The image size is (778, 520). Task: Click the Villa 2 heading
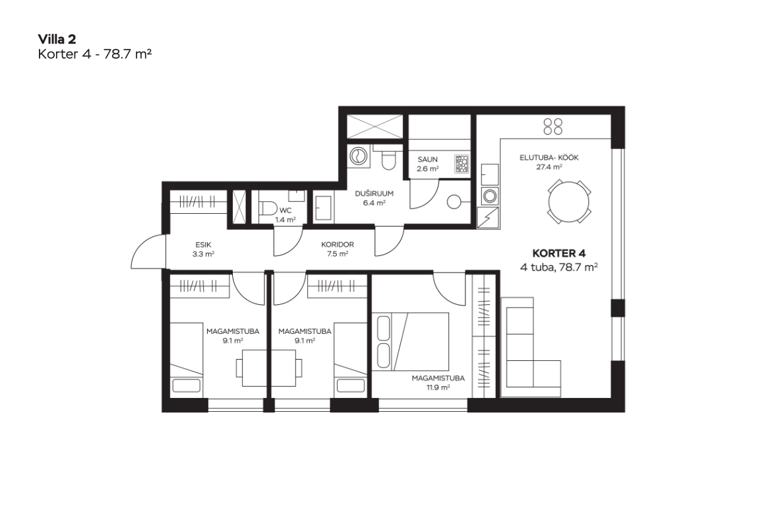pyautogui.click(x=57, y=39)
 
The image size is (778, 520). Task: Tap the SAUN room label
pyautogui.click(x=427, y=160)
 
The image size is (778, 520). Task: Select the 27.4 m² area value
pyautogui.click(x=549, y=168)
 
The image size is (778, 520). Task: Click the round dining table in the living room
pyautogui.click(x=569, y=202)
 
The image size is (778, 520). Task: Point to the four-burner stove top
pyautogui.click(x=553, y=126)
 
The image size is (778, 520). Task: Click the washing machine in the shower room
pyautogui.click(x=357, y=156)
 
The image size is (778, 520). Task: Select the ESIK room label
pyautogui.click(x=203, y=245)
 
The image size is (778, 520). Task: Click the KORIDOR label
pyautogui.click(x=338, y=245)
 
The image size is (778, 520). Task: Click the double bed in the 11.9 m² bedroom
pyautogui.click(x=411, y=341)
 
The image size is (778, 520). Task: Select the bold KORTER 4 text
pyautogui.click(x=558, y=253)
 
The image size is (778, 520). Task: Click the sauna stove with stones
pyautogui.click(x=462, y=164)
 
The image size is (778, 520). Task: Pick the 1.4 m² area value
pyautogui.click(x=285, y=219)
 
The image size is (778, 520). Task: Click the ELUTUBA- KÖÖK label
pyautogui.click(x=549, y=158)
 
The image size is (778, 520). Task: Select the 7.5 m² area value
pyautogui.click(x=338, y=254)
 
